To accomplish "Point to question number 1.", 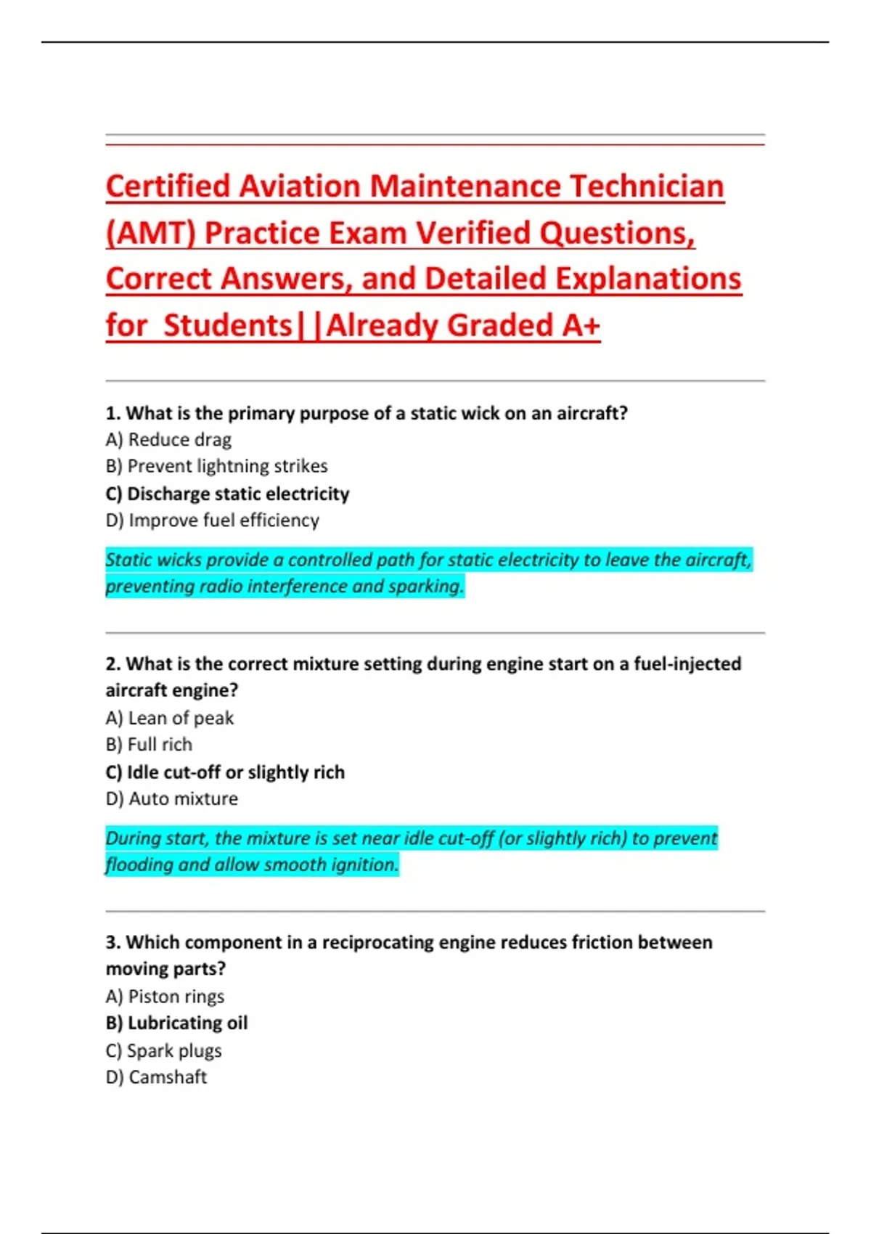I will [x=113, y=414].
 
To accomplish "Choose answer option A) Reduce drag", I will [x=168, y=440].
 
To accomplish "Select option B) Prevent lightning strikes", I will [x=216, y=466].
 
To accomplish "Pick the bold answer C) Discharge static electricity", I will [x=227, y=494].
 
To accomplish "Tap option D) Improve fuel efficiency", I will [x=212, y=520].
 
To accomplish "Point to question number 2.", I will [x=113, y=664].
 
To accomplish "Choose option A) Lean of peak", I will [x=169, y=718].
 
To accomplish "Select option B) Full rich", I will [x=149, y=745].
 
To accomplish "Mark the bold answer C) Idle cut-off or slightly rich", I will [x=225, y=772].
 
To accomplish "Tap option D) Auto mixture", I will [x=171, y=799].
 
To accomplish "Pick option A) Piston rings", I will [x=165, y=997].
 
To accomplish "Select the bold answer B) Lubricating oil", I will [x=176, y=1023].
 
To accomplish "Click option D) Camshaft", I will [x=156, y=1077].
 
